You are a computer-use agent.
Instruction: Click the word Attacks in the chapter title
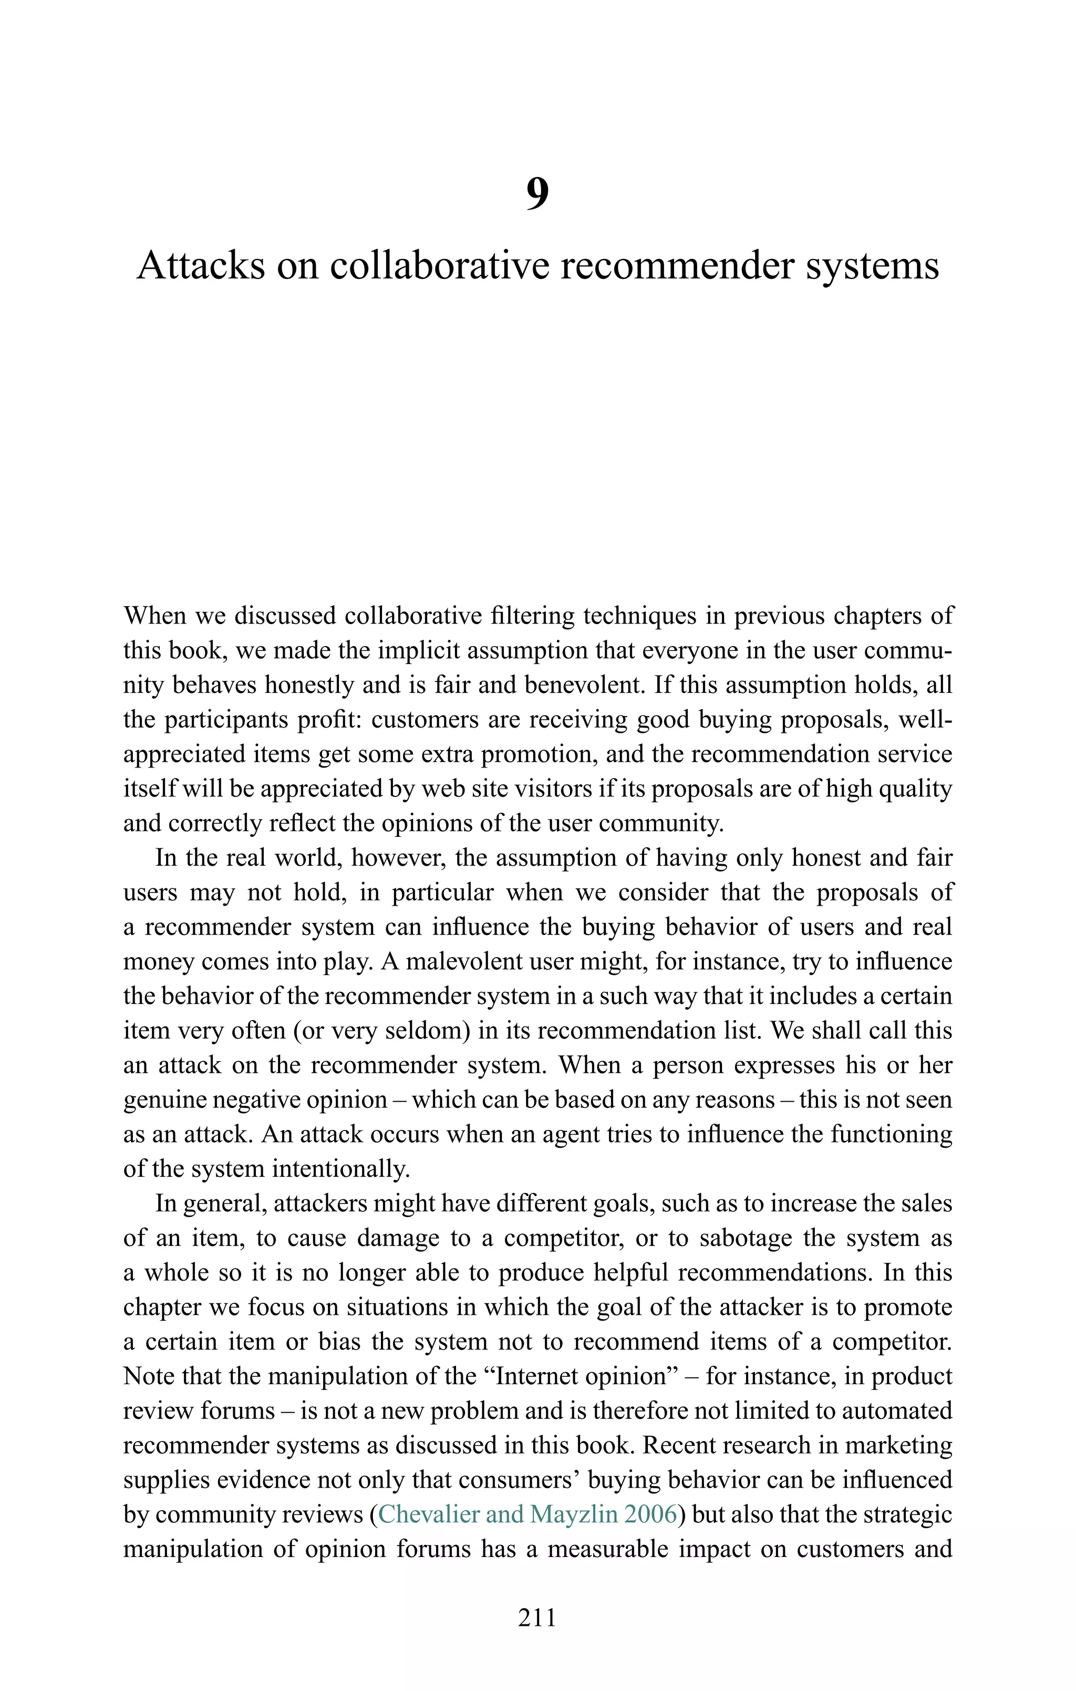(200, 266)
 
